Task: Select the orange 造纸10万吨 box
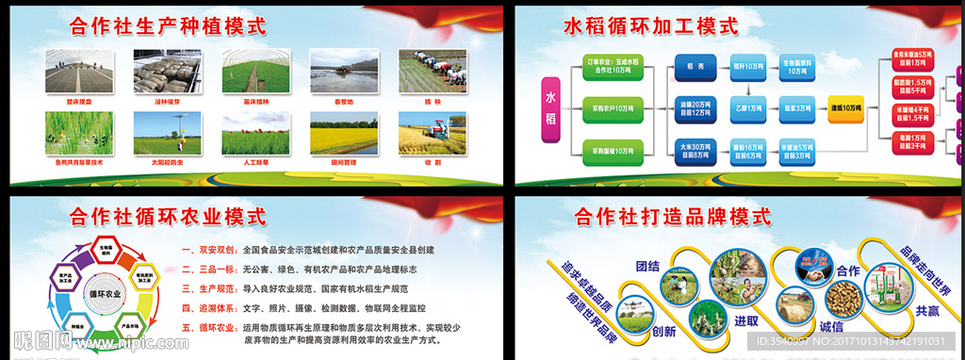845,108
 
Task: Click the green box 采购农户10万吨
613,108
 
